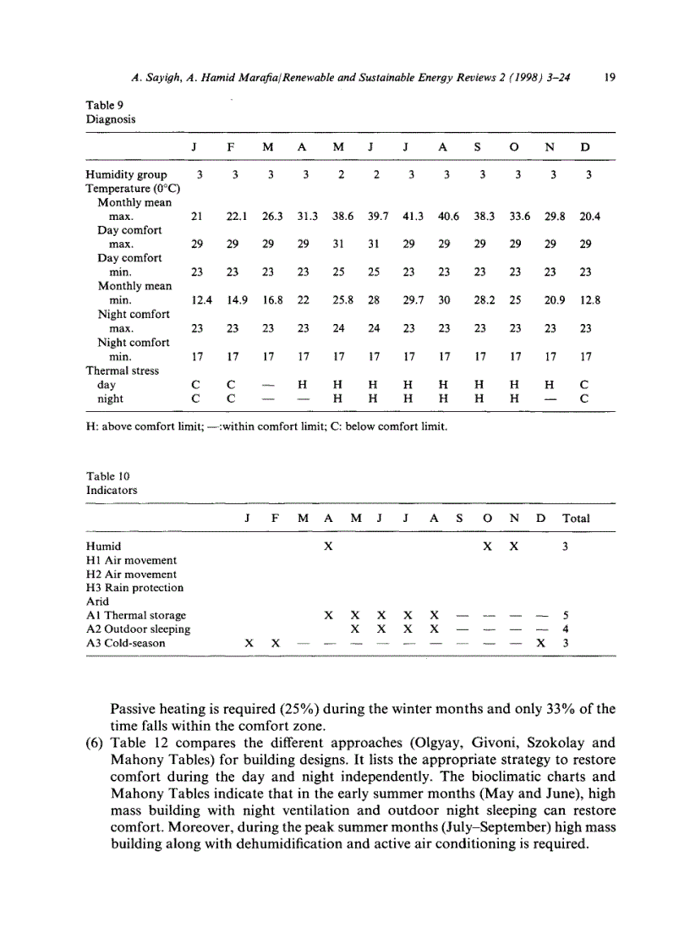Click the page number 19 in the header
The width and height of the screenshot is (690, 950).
click(x=610, y=77)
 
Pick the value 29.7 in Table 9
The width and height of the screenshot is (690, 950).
click(x=413, y=299)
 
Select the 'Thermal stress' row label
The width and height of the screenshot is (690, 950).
click(x=122, y=370)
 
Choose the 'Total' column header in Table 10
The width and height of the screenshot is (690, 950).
click(x=576, y=518)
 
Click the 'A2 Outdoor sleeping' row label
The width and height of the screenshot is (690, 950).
click(x=138, y=629)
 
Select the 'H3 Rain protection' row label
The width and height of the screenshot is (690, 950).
click(x=134, y=587)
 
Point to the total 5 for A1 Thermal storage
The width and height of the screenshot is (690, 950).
click(x=566, y=615)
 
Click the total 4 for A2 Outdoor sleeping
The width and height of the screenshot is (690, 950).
click(x=566, y=629)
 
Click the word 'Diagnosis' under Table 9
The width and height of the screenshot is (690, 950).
click(x=111, y=118)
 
